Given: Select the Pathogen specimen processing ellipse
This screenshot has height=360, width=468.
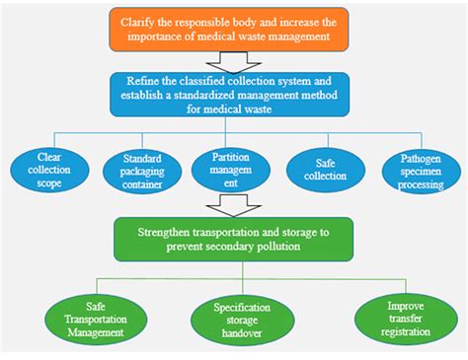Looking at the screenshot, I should (420, 170).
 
